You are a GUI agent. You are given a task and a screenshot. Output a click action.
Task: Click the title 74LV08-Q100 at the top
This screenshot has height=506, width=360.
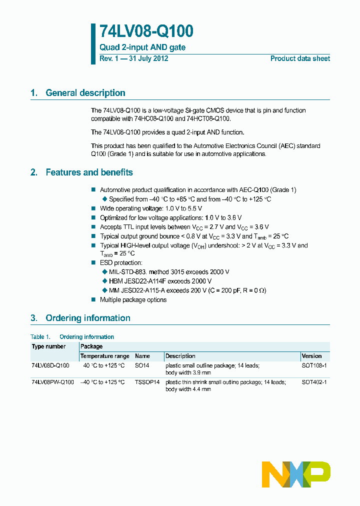pyautogui.click(x=146, y=31)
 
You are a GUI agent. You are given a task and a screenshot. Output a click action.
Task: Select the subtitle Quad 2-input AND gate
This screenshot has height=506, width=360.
pyautogui.click(x=142, y=47)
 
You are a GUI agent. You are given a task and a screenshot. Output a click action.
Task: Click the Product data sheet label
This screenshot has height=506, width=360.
pyautogui.click(x=300, y=58)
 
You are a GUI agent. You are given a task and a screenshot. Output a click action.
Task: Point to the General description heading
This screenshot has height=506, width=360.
pyautogui.click(x=85, y=93)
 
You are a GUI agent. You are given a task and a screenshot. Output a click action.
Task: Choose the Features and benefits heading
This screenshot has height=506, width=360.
pyautogui.click(x=89, y=172)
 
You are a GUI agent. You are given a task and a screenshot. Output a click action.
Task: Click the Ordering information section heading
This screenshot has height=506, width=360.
pyautogui.click(x=87, y=318)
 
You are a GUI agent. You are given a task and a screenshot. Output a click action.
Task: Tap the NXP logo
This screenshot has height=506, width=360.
pyautogui.click(x=296, y=474)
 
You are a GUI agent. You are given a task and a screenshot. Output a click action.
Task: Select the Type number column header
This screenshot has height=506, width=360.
pyautogui.click(x=48, y=346)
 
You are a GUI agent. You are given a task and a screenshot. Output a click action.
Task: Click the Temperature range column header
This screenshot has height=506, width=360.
pyautogui.click(x=105, y=356)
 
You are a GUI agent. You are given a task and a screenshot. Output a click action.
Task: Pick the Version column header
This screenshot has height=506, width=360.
pyautogui.click(x=312, y=356)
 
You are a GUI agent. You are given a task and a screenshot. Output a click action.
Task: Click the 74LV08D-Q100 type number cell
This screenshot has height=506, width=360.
pyautogui.click(x=50, y=366)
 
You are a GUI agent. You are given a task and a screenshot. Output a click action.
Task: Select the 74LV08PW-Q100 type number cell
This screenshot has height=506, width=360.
pyautogui.click(x=52, y=382)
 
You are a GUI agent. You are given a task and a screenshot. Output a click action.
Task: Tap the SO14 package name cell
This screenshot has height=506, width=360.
pyautogui.click(x=142, y=366)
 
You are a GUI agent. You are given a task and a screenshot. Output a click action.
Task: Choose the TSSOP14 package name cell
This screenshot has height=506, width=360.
pyautogui.click(x=147, y=382)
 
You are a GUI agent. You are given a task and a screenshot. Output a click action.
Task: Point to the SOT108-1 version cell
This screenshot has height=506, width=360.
pyautogui.click(x=314, y=366)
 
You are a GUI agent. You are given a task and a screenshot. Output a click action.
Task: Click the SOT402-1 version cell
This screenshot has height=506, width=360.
pyautogui.click(x=314, y=382)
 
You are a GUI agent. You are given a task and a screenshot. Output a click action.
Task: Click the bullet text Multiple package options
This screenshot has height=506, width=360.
pyautogui.click(x=133, y=300)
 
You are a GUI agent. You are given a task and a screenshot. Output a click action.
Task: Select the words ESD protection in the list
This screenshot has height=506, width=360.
pyautogui.click(x=121, y=263)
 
